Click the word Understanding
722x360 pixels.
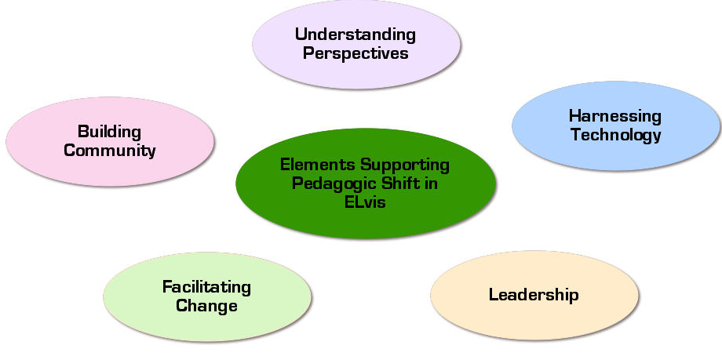coord(355,35)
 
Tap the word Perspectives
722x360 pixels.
coord(355,53)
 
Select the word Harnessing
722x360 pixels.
coord(614,116)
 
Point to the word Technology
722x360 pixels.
coord(615,135)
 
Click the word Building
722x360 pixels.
coord(109,131)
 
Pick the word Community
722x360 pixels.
coord(109,150)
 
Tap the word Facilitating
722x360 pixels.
coord(206,286)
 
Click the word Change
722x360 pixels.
coord(206,305)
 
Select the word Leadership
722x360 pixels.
coord(533,295)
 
